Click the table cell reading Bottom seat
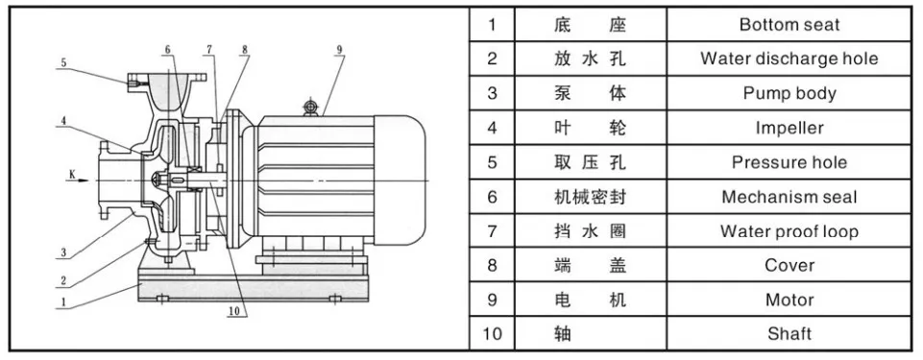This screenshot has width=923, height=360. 789,24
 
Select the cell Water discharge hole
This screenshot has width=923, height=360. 789,59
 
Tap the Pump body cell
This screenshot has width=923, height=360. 789,93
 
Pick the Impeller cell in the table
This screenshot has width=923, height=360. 789,128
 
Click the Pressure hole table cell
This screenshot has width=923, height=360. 789,162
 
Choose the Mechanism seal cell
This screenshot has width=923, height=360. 789,197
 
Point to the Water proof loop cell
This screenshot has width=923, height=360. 789,231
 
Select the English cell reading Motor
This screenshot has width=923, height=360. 789,300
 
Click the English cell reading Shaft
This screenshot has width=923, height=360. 789,334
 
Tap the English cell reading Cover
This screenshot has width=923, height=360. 789,265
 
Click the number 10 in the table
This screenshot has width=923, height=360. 492,334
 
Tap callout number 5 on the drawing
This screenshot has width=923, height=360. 62,63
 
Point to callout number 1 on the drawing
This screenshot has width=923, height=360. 62,300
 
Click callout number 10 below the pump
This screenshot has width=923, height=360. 234,309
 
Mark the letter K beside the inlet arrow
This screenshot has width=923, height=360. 72,174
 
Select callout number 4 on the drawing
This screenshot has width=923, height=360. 62,121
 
